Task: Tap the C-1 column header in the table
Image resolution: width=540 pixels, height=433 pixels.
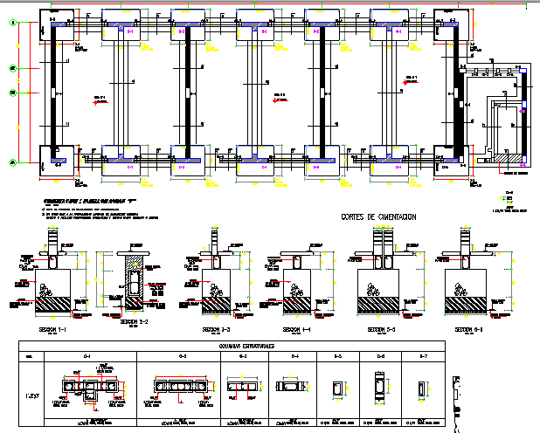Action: tap(87, 357)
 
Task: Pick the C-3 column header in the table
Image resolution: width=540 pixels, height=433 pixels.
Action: tap(242, 357)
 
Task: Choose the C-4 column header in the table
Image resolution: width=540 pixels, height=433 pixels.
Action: tap(294, 357)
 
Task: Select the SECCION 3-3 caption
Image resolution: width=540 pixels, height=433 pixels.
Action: tap(216, 331)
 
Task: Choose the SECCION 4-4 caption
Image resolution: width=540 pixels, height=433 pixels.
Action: tap(297, 331)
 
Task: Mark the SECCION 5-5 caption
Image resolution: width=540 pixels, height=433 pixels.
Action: tap(382, 331)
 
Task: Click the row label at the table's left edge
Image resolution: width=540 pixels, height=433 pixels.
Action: tap(31, 385)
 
